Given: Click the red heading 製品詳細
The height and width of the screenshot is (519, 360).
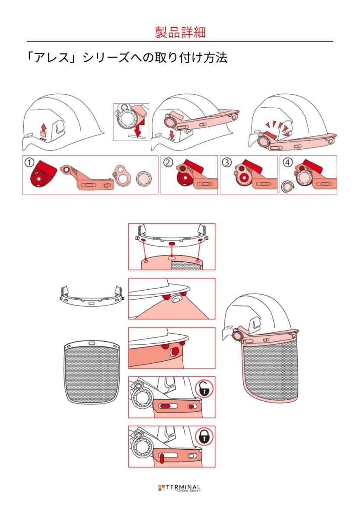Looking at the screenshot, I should click(180, 32).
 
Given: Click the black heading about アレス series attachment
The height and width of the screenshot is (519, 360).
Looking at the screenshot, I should click(127, 58).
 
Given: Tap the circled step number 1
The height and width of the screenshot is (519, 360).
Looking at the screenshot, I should click(29, 162).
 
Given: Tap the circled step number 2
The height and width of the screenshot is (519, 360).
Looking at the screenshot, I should click(168, 162).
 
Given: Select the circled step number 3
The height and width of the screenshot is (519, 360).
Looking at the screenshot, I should click(227, 162).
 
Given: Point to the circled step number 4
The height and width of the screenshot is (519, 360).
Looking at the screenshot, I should click(287, 162).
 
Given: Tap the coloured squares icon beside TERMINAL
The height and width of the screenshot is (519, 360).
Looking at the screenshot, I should click(162, 488).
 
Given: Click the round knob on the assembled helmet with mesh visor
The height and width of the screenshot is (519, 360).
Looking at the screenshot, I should click(237, 335).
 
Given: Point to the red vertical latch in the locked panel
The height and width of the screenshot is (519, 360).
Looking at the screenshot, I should click(162, 458).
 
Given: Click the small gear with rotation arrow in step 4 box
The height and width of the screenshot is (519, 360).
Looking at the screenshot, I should click(286, 186).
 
